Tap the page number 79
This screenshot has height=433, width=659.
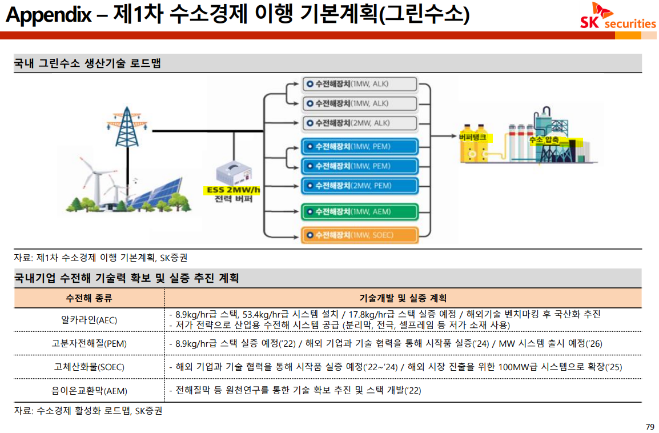point(649,427)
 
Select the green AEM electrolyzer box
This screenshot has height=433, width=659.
point(360,211)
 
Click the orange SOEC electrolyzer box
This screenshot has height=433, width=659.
point(360,235)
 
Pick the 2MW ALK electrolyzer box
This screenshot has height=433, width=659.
point(360,123)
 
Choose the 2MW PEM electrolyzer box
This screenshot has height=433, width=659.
point(360,186)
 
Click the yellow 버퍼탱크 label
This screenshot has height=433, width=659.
point(472,137)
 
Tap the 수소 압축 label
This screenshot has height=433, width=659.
point(544,139)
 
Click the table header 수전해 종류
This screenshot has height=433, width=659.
point(89,298)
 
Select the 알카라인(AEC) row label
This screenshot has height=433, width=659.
point(89,320)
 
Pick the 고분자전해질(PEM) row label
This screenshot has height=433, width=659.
point(89,343)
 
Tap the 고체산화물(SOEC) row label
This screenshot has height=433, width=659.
point(89,367)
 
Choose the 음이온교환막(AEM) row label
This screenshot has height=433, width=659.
point(89,391)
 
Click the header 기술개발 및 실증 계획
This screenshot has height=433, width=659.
point(403,298)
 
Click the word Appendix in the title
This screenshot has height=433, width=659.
point(48,15)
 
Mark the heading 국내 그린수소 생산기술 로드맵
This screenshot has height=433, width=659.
point(87,63)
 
